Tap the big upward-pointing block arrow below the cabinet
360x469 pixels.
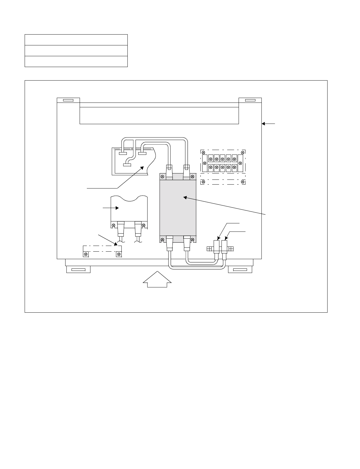pos(157,279)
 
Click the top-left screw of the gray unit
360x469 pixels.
pos(162,176)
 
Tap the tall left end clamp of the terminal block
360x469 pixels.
pos(205,163)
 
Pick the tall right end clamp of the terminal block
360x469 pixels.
pos(240,163)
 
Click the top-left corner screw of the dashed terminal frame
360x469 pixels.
pos(203,152)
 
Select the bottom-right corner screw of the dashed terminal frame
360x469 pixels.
pos(243,182)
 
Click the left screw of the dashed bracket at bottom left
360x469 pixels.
pos(86,254)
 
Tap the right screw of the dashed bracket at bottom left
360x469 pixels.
pos(119,254)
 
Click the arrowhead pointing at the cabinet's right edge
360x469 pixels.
pos(264,123)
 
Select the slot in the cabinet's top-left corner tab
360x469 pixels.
pos(68,100)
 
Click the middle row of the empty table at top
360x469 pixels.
pos(76,51)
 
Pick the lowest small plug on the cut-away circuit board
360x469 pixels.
pos(127,164)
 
